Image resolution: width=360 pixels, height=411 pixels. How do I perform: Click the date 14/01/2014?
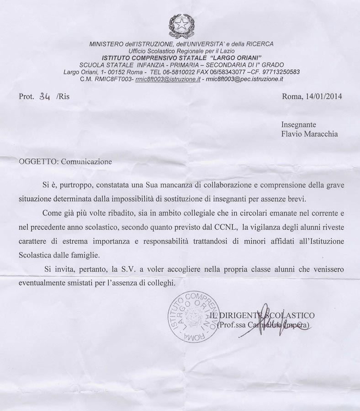[323, 96]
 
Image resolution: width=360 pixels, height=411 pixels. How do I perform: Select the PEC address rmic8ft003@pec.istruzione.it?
[245, 79]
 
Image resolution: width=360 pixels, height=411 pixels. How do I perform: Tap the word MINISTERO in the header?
[106, 44]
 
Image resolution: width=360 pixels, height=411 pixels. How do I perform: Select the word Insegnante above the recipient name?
[298, 124]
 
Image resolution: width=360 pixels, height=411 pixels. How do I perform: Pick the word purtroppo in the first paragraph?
[71, 186]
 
